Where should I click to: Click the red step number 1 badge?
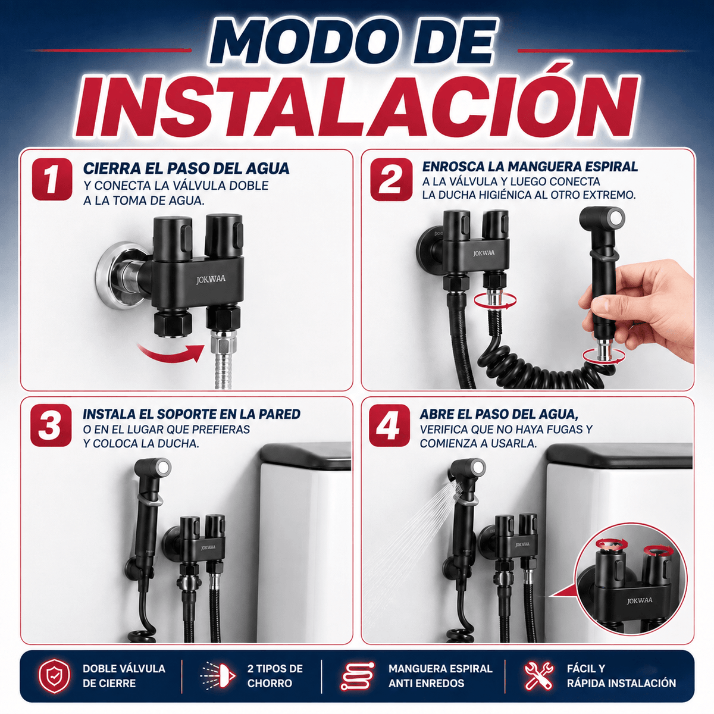pyautogui.click(x=52, y=179)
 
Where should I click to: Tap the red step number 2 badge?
pyautogui.click(x=391, y=179)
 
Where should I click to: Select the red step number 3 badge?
pyautogui.click(x=51, y=425)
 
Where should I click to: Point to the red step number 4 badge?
pyautogui.click(x=389, y=425)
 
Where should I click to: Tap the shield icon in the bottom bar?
pyautogui.click(x=55, y=675)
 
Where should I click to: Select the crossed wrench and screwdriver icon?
pyautogui.click(x=538, y=675)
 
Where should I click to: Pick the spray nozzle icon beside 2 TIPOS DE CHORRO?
pyautogui.click(x=218, y=675)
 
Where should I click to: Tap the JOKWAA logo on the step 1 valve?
pyautogui.click(x=211, y=280)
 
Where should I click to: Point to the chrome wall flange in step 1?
pyautogui.click(x=118, y=275)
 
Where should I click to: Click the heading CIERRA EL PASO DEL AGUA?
pyautogui.click(x=186, y=168)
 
